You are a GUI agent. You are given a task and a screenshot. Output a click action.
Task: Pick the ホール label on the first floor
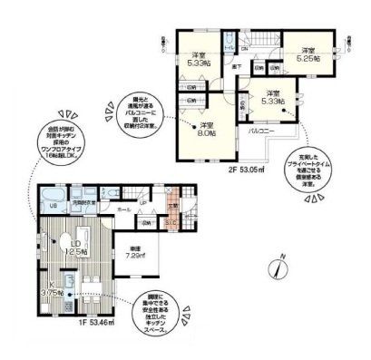pos(124,209)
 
